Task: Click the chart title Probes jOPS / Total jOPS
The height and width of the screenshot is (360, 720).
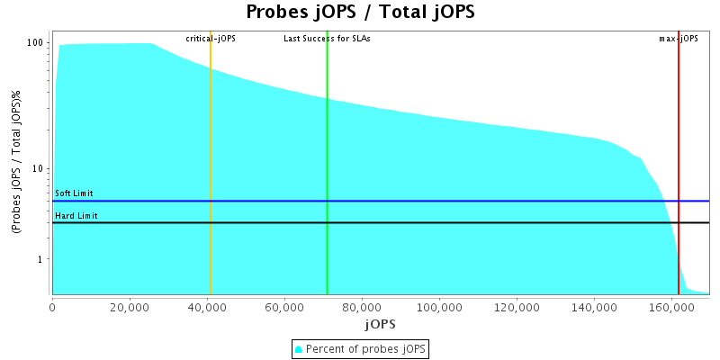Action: tap(360, 13)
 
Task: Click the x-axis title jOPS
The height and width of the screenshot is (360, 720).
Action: tap(380, 323)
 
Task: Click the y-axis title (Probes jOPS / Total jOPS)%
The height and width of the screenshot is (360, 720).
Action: tap(16, 163)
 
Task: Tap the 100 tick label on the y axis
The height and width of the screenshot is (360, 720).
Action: tap(36, 43)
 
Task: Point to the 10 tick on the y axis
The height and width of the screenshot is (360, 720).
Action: tap(40, 169)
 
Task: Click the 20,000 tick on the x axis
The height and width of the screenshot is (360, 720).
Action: tap(130, 307)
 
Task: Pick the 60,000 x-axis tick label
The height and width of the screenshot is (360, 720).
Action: tap(284, 307)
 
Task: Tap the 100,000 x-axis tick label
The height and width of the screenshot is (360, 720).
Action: tap(439, 307)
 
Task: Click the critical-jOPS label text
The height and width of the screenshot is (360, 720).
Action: tap(211, 39)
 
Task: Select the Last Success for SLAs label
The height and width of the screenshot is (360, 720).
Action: tap(327, 39)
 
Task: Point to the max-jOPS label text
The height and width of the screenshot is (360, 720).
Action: tap(679, 39)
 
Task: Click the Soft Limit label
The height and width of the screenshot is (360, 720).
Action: tap(74, 193)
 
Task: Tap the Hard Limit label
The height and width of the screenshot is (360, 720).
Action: tap(76, 216)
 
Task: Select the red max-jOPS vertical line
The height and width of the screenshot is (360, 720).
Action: tap(679, 162)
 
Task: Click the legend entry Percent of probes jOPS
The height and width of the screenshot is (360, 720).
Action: tap(365, 348)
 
